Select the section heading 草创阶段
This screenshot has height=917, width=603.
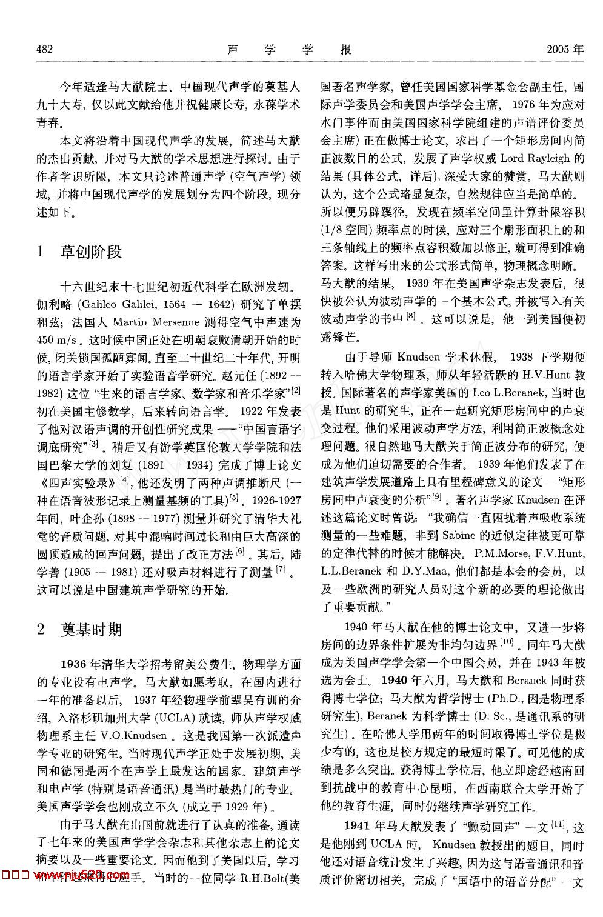point(91,252)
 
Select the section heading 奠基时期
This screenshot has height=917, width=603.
point(91,630)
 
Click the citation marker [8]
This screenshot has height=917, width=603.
point(411,316)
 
